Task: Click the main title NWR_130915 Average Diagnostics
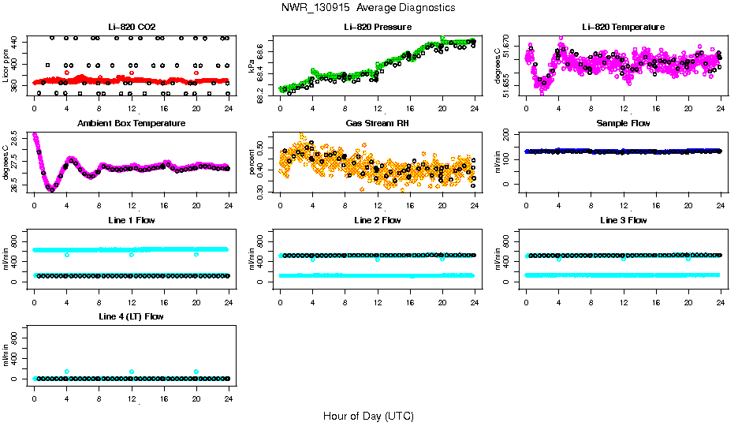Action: coord(368,8)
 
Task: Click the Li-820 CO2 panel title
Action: coord(131,28)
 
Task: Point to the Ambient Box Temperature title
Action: coord(131,124)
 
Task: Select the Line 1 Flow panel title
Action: coord(131,221)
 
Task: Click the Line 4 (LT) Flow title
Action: coord(131,317)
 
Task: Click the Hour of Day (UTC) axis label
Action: coord(368,416)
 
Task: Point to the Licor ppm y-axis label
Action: coord(6,66)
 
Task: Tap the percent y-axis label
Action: coord(252,163)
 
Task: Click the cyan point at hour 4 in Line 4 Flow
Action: coord(67,372)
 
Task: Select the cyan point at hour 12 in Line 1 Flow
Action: coord(132,255)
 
